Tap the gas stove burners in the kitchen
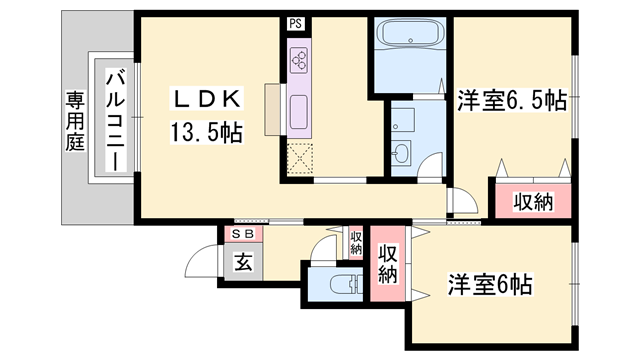299,61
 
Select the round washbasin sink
402,153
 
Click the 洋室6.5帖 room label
513,101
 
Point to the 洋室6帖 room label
489,284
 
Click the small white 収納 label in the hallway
356,242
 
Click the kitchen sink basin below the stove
299,108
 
